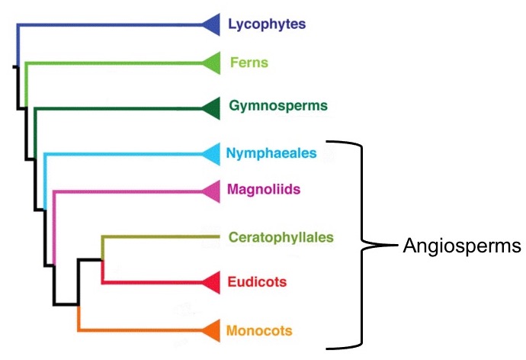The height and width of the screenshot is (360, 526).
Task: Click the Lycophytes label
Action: (x=267, y=24)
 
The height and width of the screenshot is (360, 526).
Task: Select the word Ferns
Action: (x=249, y=63)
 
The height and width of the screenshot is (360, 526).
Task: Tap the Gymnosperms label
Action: (x=278, y=105)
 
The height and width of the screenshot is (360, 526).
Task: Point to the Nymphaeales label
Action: (x=271, y=153)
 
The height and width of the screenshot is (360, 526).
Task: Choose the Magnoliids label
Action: (x=263, y=189)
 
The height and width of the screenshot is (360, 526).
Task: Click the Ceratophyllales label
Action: (x=281, y=237)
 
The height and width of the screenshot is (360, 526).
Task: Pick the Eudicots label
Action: (x=257, y=282)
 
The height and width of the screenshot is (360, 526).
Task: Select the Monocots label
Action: (x=259, y=330)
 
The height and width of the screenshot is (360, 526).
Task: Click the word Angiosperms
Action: (x=462, y=246)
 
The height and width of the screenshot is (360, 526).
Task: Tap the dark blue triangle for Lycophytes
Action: (x=213, y=24)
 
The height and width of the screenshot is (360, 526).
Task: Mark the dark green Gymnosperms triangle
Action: (x=213, y=110)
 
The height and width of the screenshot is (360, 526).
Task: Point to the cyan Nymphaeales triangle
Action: (x=213, y=155)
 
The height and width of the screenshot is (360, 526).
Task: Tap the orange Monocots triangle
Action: (x=213, y=330)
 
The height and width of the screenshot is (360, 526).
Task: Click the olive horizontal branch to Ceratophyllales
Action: (x=160, y=237)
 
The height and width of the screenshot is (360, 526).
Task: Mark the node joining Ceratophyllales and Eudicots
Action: (x=102, y=259)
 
